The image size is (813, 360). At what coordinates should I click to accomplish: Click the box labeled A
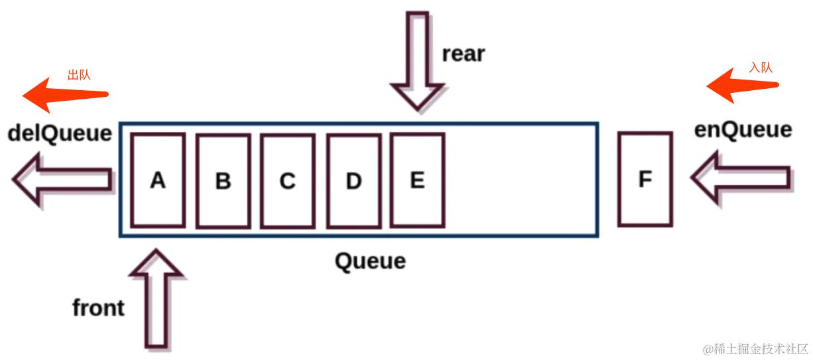click(157, 180)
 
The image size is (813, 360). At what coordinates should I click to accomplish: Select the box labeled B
click(223, 180)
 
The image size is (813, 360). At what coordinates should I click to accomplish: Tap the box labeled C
click(287, 180)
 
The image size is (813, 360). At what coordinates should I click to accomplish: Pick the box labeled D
click(353, 180)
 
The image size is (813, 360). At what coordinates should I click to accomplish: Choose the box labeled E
click(417, 180)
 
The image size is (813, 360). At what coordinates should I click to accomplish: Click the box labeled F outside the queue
click(645, 179)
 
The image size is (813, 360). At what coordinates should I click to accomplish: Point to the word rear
click(464, 54)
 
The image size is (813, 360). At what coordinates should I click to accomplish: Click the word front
click(98, 308)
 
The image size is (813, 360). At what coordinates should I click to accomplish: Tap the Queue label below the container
click(370, 261)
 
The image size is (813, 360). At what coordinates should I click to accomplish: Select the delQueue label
click(60, 133)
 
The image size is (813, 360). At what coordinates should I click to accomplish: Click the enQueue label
click(743, 129)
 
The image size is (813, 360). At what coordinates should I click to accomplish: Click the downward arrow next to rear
click(417, 60)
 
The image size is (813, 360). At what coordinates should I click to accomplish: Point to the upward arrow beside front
click(156, 298)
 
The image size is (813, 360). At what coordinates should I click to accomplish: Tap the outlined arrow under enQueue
click(741, 177)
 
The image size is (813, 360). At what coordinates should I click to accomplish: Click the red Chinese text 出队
click(79, 74)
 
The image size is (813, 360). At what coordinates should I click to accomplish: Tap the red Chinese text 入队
click(761, 68)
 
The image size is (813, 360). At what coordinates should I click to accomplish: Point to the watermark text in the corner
click(755, 348)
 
